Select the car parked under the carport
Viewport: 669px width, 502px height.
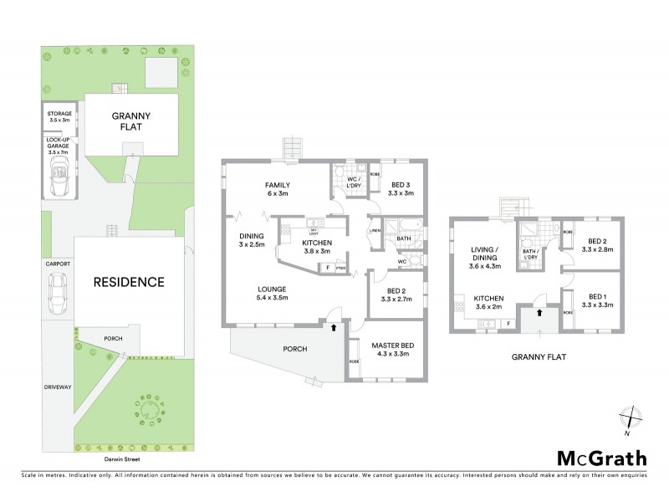[x=58, y=292]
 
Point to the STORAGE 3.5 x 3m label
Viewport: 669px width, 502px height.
[x=60, y=116]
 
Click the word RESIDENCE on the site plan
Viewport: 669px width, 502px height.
[x=129, y=282]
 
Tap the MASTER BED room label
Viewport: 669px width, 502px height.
[x=391, y=351]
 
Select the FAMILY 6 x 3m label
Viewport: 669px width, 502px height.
[x=277, y=189]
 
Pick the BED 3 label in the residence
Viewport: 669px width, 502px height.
[x=401, y=189]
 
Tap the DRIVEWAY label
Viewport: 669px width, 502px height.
[x=58, y=387]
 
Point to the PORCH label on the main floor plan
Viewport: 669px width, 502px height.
[x=295, y=349]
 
